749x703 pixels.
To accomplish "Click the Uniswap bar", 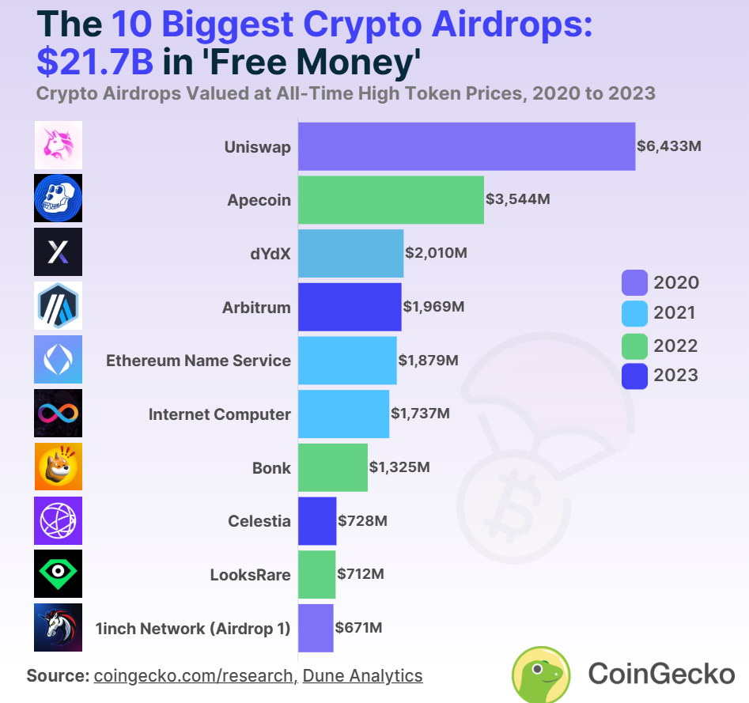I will (x=467, y=146).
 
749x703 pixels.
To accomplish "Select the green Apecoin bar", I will (x=391, y=200).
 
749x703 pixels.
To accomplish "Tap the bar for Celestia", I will (x=317, y=521).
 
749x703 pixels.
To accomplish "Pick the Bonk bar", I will (x=333, y=467).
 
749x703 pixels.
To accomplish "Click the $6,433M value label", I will (x=669, y=146).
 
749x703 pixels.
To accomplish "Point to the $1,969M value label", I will (x=433, y=307).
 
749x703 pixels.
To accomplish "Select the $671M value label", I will (x=359, y=628).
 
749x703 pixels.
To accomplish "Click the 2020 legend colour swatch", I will (x=634, y=283).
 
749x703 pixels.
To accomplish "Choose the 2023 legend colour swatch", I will (x=634, y=376).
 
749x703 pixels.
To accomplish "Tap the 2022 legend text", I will (x=675, y=346).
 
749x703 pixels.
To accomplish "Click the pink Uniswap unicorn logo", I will (x=59, y=145).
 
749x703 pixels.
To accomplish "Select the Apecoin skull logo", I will (x=59, y=198).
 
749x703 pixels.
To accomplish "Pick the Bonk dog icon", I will (x=59, y=467).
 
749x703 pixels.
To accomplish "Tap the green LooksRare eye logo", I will (x=59, y=573).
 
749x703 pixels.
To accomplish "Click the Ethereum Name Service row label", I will (x=199, y=361).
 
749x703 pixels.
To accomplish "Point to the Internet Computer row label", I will (x=220, y=414).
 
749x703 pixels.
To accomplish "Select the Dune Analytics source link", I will (x=363, y=676).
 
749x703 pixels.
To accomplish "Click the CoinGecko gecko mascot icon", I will (x=541, y=675).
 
